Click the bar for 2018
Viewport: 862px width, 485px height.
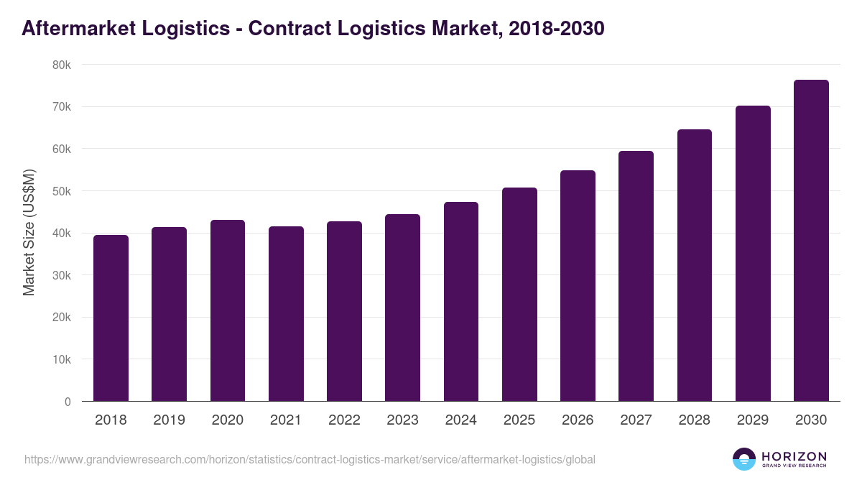tap(111, 318)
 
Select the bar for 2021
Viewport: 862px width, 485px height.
tap(286, 314)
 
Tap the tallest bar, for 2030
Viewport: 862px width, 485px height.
tap(811, 241)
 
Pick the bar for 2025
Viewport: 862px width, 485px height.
tap(519, 295)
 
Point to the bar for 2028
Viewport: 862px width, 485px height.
tap(695, 265)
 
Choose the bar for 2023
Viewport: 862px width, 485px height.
tap(402, 308)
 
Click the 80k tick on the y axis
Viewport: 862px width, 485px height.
tap(62, 65)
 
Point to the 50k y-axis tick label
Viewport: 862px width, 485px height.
tap(62, 191)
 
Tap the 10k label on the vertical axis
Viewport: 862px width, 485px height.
tap(62, 359)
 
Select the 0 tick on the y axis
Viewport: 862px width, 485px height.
tap(68, 402)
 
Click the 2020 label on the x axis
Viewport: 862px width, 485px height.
tap(227, 420)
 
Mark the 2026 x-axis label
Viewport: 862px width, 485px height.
tap(578, 420)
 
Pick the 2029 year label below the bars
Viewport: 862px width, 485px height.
tap(753, 420)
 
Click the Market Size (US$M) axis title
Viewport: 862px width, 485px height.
tap(29, 233)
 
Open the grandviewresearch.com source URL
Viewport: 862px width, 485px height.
tap(310, 459)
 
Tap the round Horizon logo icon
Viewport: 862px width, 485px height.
tap(744, 459)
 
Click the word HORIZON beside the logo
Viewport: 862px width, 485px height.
tap(794, 456)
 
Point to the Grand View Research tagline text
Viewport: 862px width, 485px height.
tap(794, 466)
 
